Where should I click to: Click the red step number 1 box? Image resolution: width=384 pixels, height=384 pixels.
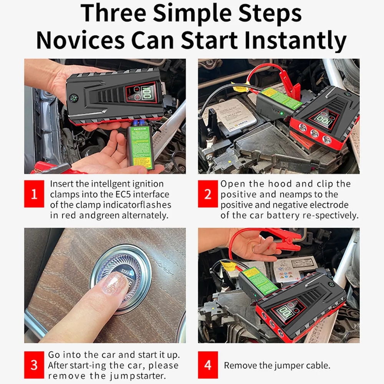pyautogui.click(x=34, y=194)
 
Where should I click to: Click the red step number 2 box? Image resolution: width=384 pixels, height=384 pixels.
pyautogui.click(x=208, y=194)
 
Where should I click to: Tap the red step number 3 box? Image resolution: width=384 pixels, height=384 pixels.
pyautogui.click(x=34, y=365)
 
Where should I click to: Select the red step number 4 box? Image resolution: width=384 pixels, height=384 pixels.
pyautogui.click(x=208, y=365)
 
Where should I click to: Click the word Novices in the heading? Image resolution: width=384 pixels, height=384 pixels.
pyautogui.click(x=80, y=40)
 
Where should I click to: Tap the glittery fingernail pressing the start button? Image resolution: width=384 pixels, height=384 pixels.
pyautogui.click(x=113, y=283)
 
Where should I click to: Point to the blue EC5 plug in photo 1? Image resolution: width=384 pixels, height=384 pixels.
pyautogui.click(x=139, y=123)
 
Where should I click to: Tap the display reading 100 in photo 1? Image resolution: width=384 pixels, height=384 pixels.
pyautogui.click(x=147, y=93)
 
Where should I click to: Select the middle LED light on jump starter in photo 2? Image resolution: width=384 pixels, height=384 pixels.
pyautogui.click(x=314, y=133)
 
